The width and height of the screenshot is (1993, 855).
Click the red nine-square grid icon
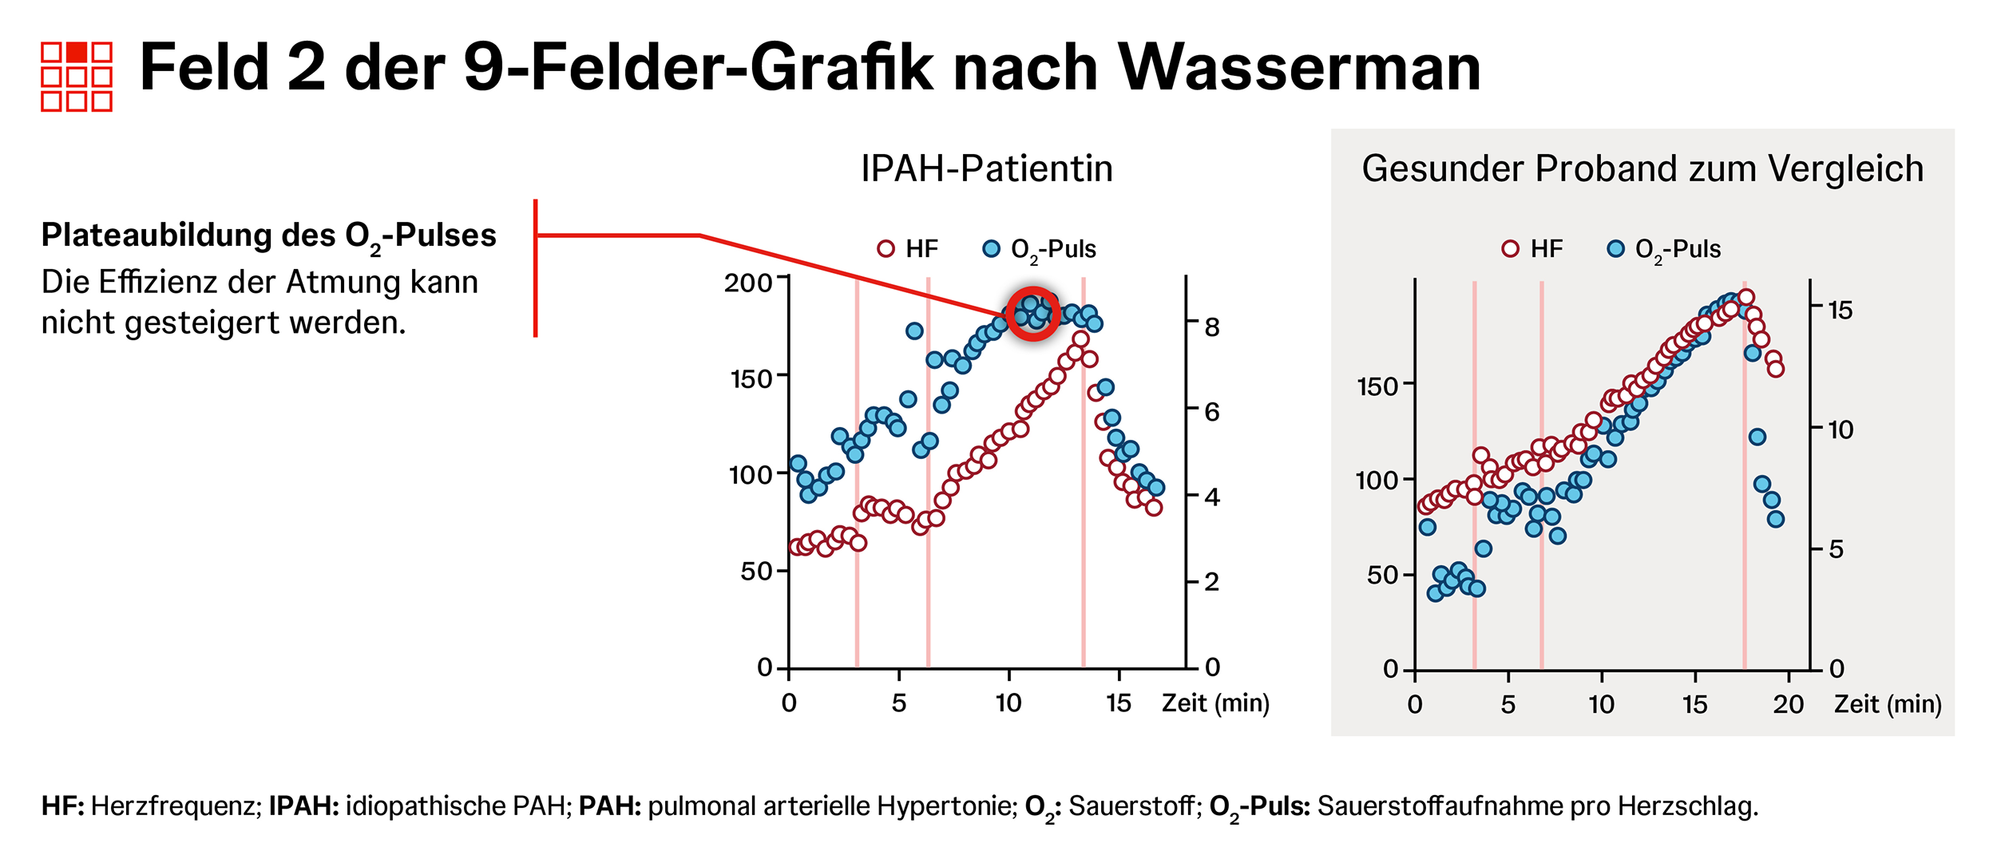(x=77, y=77)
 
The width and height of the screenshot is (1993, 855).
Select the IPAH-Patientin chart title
(x=987, y=169)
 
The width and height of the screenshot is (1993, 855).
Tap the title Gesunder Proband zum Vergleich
(x=1642, y=169)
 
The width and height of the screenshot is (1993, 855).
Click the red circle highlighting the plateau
(x=1033, y=314)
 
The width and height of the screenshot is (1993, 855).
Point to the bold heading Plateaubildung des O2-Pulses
(x=269, y=236)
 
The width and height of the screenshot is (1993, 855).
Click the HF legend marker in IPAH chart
(x=886, y=249)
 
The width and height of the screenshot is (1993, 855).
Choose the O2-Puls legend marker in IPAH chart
(x=991, y=249)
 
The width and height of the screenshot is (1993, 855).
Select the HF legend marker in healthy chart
(x=1510, y=249)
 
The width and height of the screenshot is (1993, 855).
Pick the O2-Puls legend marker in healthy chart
(x=1615, y=249)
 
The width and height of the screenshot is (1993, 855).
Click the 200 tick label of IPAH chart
(x=747, y=283)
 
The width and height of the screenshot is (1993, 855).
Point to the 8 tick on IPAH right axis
(x=1212, y=327)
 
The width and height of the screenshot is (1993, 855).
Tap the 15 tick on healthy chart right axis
(x=1840, y=311)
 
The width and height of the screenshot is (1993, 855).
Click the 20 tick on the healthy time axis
(x=1788, y=705)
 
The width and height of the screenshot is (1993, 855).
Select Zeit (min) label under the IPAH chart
(x=1215, y=703)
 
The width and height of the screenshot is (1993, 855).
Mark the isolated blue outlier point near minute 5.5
(x=914, y=331)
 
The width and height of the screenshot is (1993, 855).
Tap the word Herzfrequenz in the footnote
(x=176, y=806)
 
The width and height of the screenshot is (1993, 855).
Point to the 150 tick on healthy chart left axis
(x=1377, y=387)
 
